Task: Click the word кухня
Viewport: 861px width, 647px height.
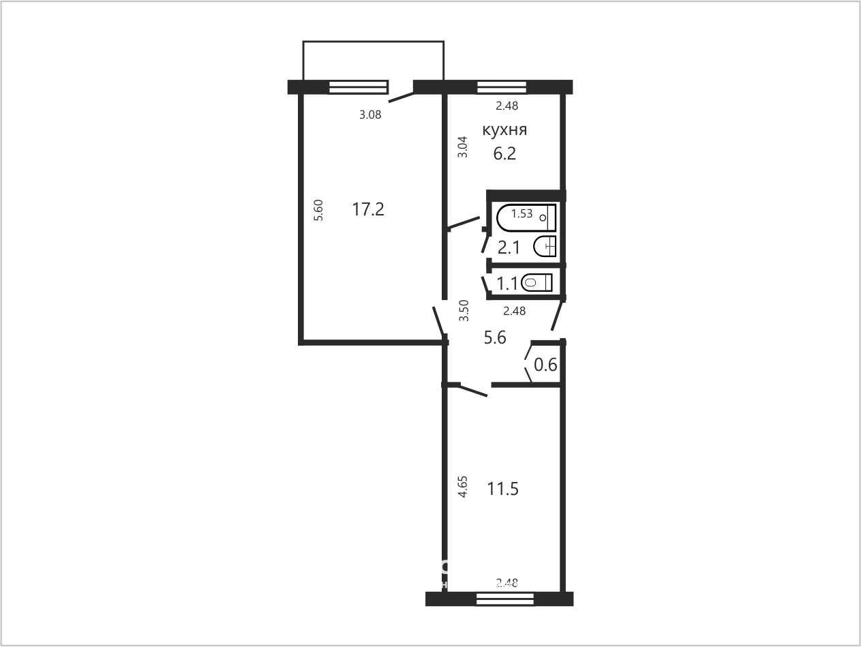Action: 504,130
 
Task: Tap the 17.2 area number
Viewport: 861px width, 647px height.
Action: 368,209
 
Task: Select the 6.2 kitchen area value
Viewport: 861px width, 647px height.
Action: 504,153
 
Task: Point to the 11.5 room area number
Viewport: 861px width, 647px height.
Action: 503,489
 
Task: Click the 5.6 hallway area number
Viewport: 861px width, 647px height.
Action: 495,337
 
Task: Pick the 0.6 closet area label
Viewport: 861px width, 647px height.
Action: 545,365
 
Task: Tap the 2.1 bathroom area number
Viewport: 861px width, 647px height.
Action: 509,247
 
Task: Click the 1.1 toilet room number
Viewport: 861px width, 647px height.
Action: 508,284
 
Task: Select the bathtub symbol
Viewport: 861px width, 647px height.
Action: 526,218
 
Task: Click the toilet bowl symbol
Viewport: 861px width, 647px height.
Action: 537,282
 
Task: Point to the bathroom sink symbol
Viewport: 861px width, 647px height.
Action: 545,247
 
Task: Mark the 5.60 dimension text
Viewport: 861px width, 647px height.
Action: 319,211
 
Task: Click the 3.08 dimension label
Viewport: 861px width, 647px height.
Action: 370,115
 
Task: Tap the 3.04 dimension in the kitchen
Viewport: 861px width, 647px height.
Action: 464,147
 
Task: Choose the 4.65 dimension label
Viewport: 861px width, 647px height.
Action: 464,487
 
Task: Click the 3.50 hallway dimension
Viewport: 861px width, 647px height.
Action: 464,311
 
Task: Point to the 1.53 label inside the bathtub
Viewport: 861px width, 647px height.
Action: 522,213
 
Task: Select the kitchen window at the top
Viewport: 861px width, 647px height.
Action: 502,87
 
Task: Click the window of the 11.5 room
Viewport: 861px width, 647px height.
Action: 505,599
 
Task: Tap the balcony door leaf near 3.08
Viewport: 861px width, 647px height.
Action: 402,97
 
